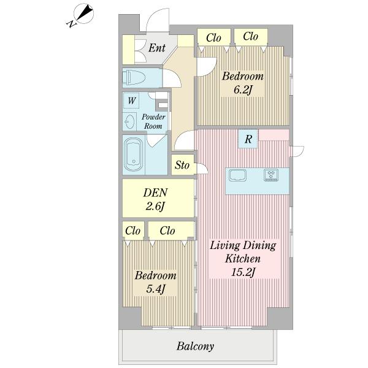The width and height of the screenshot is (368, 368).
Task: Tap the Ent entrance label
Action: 157,48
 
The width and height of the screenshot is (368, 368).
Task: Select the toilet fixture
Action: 134,78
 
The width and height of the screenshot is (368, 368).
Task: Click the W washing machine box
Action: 131,101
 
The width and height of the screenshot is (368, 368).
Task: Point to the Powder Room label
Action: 153,121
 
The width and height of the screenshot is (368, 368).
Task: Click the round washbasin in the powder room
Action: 129,121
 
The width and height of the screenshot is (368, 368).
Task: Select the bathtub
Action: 133,155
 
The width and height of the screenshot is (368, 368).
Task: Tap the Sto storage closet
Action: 183,165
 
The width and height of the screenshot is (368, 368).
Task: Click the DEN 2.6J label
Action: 155,199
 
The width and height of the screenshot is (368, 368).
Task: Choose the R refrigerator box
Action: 248,139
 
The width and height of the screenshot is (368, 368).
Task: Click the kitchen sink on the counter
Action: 237,175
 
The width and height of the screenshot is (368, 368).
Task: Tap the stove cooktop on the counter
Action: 271,175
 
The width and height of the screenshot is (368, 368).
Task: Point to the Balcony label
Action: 195,347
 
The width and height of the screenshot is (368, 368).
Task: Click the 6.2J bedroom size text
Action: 243,90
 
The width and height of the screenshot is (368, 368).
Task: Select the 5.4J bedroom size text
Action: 155,289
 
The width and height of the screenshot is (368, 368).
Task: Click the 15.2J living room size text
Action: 243,272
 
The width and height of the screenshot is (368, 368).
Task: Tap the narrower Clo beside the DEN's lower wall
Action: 133,231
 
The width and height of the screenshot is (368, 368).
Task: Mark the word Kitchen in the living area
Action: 243,259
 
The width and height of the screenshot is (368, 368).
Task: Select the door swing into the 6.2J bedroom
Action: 207,67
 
